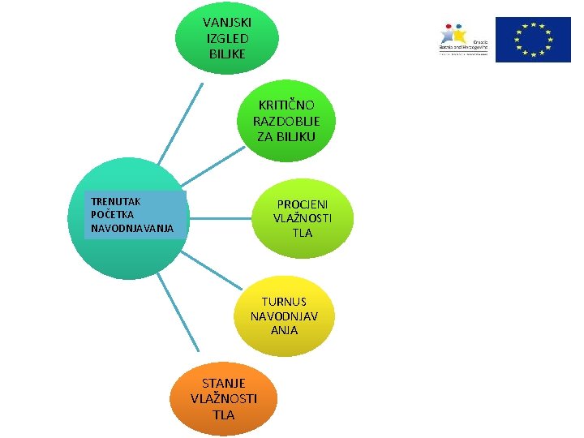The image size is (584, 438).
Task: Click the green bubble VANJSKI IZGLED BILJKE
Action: pyautogui.click(x=227, y=39)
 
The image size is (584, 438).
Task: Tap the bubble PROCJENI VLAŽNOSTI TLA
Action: pyautogui.click(x=303, y=218)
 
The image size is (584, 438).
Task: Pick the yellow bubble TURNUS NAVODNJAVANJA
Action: pyautogui.click(x=285, y=316)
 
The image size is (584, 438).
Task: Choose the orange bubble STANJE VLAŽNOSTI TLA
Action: pyautogui.click(x=223, y=397)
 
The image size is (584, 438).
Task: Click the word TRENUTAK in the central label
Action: pyautogui.click(x=116, y=200)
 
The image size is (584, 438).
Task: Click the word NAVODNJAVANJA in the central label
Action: pyautogui.click(x=132, y=228)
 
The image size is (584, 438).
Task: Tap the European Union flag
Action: pyautogui.click(x=534, y=40)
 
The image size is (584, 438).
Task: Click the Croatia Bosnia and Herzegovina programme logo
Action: pyautogui.click(x=462, y=39)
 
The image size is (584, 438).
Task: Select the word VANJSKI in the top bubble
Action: pyautogui.click(x=227, y=22)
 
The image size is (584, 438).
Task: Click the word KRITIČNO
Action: pyautogui.click(x=286, y=105)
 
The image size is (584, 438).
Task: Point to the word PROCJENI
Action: pyautogui.click(x=303, y=204)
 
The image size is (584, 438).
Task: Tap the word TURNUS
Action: pyautogui.click(x=284, y=301)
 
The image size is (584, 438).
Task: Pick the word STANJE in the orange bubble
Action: pyautogui.click(x=223, y=383)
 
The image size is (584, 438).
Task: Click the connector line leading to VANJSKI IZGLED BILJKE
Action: pyautogui.click(x=181, y=122)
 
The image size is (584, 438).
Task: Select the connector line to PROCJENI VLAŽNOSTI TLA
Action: pyautogui.click(x=217, y=218)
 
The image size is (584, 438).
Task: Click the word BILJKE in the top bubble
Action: pyautogui.click(x=227, y=54)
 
